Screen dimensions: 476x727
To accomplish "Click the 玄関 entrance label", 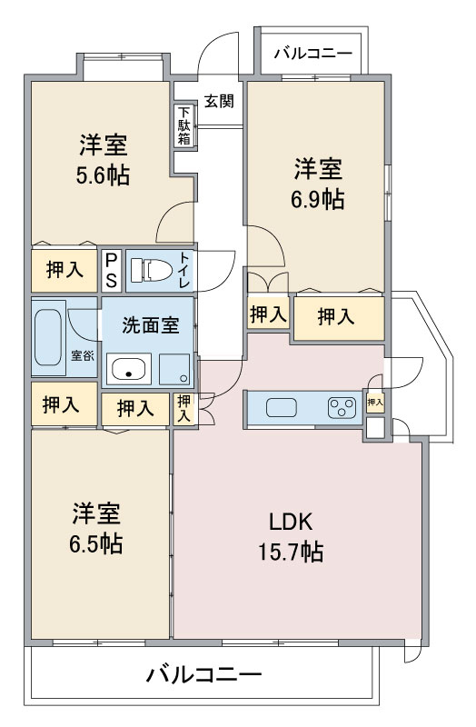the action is tap(219, 101).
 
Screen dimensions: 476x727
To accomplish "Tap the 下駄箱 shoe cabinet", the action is tap(184, 125).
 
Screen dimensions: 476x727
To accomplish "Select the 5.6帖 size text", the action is tap(103, 175).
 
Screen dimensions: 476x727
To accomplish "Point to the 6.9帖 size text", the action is tap(318, 199).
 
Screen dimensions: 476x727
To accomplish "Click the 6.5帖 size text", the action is tap(96, 543).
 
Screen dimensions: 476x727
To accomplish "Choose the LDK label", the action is tap(291, 522).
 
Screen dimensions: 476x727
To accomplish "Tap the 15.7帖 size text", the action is tap(291, 552).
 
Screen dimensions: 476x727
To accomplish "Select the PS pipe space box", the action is tap(112, 270).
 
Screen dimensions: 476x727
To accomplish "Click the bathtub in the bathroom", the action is tap(48, 337).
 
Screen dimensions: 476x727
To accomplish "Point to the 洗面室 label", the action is tap(151, 325).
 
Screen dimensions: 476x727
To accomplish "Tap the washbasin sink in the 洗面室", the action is tap(129, 369).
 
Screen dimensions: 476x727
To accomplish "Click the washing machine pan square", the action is tap(174, 369).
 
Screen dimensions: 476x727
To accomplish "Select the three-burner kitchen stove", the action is tap(342, 408).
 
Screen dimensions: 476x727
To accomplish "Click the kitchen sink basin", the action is tap(282, 407).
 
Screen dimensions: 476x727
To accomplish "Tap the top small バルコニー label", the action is tap(312, 54).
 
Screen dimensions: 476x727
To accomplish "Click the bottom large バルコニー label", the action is tap(204, 674).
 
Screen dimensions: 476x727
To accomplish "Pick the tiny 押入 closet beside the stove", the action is tap(375, 402).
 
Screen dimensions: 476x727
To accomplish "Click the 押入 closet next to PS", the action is tap(64, 270).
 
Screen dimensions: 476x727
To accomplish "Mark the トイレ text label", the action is tap(184, 270).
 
